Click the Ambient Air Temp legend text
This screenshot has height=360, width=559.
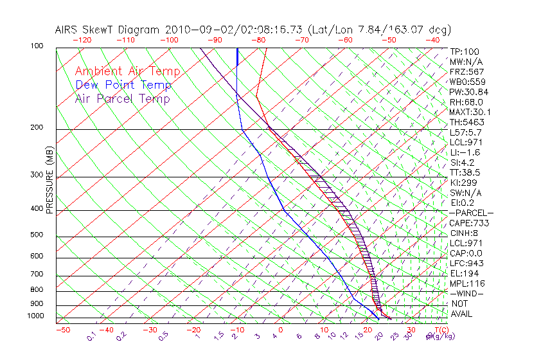[127, 71]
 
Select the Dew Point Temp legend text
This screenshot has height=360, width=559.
[123, 85]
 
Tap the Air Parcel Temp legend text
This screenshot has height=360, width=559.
[122, 98]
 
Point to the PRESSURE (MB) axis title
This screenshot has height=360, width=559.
[49, 181]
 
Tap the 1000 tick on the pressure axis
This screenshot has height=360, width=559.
[35, 316]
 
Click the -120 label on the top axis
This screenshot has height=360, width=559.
[82, 40]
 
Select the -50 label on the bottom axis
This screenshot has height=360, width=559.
[62, 330]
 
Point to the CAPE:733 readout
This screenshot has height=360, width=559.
[470, 223]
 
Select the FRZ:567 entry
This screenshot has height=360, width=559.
[467, 71]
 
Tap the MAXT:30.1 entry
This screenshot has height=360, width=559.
[470, 112]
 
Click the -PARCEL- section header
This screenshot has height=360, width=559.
[471, 213]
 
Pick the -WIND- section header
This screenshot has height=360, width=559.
[467, 293]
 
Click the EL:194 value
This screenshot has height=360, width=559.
[464, 273]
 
